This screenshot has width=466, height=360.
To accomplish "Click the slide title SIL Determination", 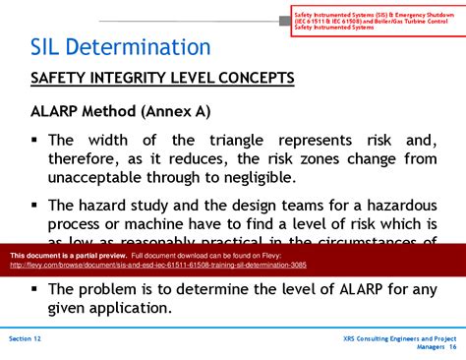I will [119, 46].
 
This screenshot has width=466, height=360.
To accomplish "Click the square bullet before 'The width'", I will [34, 140].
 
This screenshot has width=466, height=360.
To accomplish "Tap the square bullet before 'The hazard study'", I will [34, 205].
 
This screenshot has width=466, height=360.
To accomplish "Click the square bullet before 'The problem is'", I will [34, 288].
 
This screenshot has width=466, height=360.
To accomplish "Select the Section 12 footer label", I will [27, 337].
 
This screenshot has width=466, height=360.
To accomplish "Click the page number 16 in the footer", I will [452, 346].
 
